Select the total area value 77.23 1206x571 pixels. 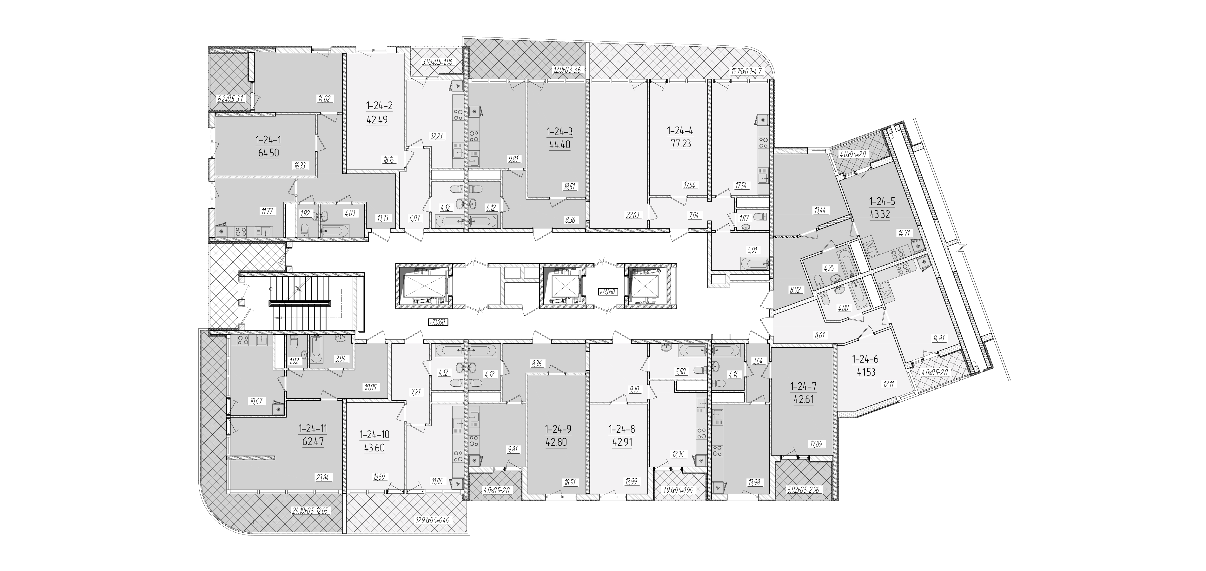(x=680, y=144)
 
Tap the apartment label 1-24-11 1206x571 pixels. (x=313, y=429)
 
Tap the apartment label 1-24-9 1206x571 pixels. (x=558, y=429)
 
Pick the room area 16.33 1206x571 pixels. (x=300, y=165)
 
